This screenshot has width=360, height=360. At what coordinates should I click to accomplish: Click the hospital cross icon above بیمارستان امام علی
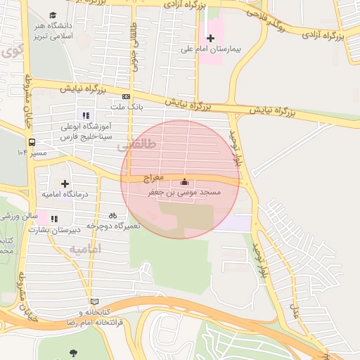[x=210, y=37]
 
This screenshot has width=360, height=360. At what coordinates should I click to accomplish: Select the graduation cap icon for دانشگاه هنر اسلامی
[x=53, y=15]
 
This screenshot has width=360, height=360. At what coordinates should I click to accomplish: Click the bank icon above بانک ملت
[x=126, y=96]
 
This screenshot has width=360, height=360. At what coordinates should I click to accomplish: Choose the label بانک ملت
[x=127, y=108]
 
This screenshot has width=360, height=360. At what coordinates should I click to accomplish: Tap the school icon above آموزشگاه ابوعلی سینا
[x=86, y=115]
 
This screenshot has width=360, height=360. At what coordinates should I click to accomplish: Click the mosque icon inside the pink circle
[x=185, y=182]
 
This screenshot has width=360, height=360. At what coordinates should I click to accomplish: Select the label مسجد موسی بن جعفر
[x=184, y=192]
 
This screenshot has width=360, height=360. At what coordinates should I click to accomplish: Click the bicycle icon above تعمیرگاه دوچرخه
[x=112, y=215]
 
